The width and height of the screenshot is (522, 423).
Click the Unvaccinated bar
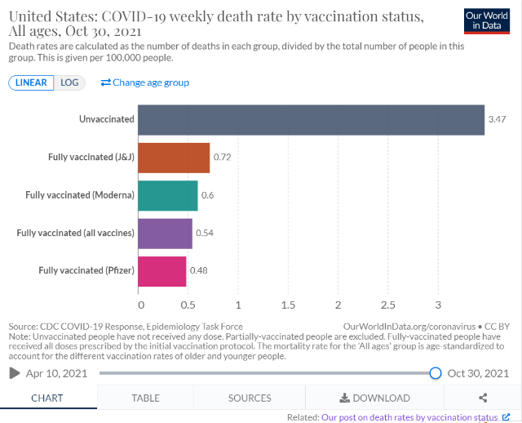point(311,119)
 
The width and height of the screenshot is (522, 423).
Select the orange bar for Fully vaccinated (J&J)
point(174,157)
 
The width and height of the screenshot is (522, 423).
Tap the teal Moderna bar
point(168,195)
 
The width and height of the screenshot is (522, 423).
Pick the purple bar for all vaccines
point(165,233)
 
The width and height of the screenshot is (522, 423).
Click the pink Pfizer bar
point(162,271)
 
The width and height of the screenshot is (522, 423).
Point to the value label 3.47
point(497,119)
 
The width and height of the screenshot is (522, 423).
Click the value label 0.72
point(222,157)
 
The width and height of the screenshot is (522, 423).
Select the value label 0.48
point(198,271)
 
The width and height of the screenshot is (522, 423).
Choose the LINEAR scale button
point(31,82)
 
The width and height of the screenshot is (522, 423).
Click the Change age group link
point(145,82)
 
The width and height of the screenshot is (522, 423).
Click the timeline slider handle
point(436,373)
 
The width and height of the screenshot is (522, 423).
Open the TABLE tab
point(146,398)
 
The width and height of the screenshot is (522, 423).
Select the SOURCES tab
point(250,398)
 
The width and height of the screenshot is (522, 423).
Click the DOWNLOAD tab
point(375,398)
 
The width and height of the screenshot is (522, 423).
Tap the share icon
point(483,398)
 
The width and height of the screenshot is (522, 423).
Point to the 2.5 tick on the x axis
point(388,305)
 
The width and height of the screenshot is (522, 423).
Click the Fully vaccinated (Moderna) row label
point(80,195)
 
